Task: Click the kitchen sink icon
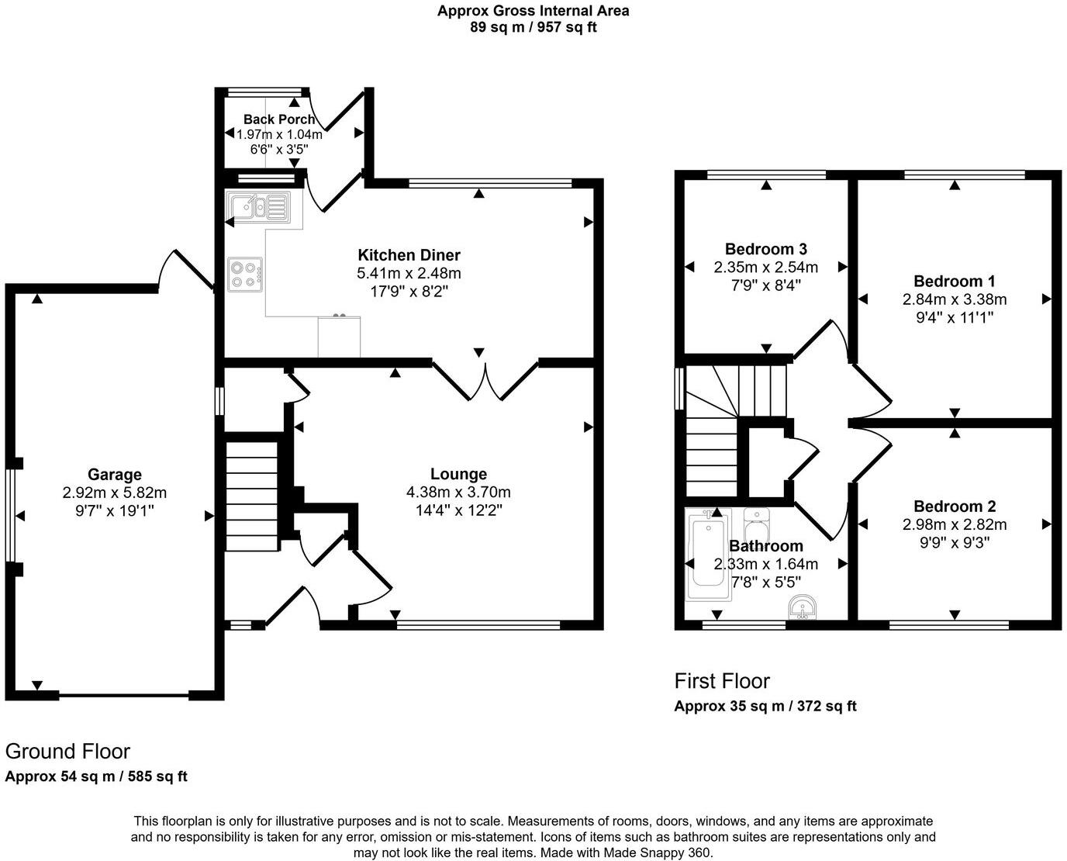(x=257, y=208)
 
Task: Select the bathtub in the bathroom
(x=708, y=555)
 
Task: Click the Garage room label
(x=114, y=475)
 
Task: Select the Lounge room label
(x=458, y=474)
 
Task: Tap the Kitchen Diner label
(x=409, y=255)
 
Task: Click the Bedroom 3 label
(x=765, y=249)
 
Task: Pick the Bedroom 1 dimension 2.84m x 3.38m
(x=954, y=299)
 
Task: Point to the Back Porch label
(x=279, y=119)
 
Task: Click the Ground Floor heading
(x=67, y=751)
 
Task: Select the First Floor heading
(x=722, y=681)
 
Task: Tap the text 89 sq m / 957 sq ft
(x=533, y=28)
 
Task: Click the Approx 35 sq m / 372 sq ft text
(x=765, y=706)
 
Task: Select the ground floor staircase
(x=251, y=496)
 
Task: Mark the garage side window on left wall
(x=10, y=515)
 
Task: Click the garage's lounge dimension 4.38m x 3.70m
(x=458, y=493)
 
